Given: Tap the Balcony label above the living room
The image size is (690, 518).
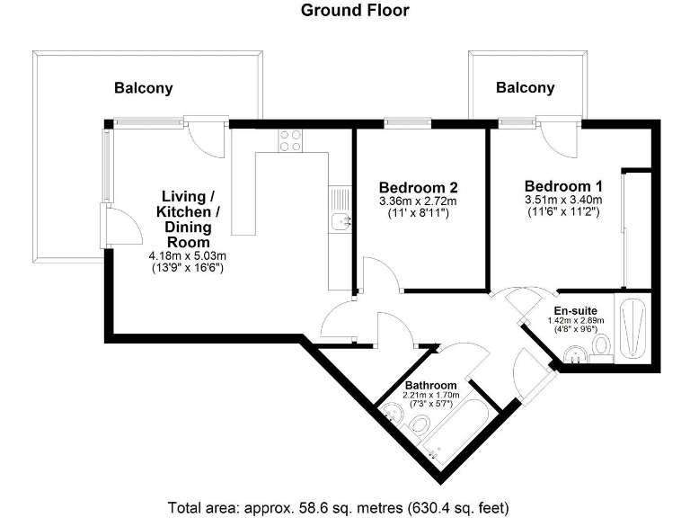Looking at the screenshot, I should click(143, 88).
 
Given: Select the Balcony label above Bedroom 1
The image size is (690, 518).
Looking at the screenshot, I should click(526, 87).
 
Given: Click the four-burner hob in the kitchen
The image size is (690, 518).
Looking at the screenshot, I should click(290, 140).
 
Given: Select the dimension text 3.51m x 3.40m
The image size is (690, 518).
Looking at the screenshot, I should click(562, 200).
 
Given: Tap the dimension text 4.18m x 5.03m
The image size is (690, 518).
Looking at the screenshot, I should click(186, 255).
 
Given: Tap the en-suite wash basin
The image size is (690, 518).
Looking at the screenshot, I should click(572, 357).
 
